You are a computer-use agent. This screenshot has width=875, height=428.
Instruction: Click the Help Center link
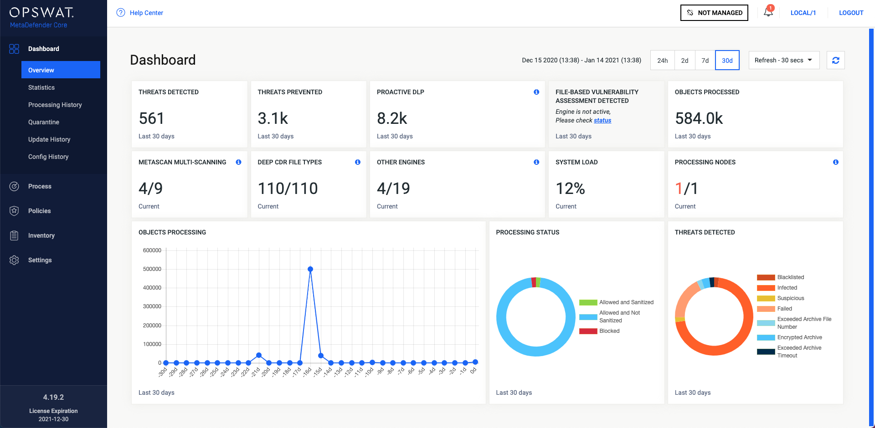(x=146, y=13)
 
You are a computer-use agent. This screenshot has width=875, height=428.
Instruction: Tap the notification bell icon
(x=768, y=12)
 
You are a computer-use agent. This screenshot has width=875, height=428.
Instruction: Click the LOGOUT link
(x=851, y=13)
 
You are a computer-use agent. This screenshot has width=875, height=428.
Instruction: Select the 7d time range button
(x=705, y=61)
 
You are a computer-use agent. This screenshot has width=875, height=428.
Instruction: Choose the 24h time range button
(x=662, y=61)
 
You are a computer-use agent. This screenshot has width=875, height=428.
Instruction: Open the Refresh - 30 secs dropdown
(x=783, y=60)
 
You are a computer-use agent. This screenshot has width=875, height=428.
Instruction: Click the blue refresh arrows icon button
(x=835, y=60)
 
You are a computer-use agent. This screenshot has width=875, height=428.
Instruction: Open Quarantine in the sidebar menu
(x=44, y=122)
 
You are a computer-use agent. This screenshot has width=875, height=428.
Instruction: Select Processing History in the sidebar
(x=55, y=105)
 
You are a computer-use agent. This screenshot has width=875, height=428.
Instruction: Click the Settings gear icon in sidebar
(x=14, y=260)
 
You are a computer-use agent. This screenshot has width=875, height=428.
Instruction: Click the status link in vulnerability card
(x=602, y=120)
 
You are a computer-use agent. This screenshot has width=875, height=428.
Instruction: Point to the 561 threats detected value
(x=151, y=118)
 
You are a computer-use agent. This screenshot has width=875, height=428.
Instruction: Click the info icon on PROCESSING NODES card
(x=835, y=162)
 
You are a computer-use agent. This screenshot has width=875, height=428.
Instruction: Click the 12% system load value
(x=570, y=189)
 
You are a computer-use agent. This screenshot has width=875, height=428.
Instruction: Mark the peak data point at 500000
(x=310, y=269)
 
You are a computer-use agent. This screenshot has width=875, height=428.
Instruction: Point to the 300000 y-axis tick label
(x=152, y=306)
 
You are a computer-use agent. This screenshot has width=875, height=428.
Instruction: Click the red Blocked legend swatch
(x=588, y=331)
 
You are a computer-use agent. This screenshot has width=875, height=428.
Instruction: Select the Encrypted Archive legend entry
(x=799, y=337)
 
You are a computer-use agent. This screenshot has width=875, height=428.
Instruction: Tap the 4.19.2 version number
(x=53, y=397)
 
